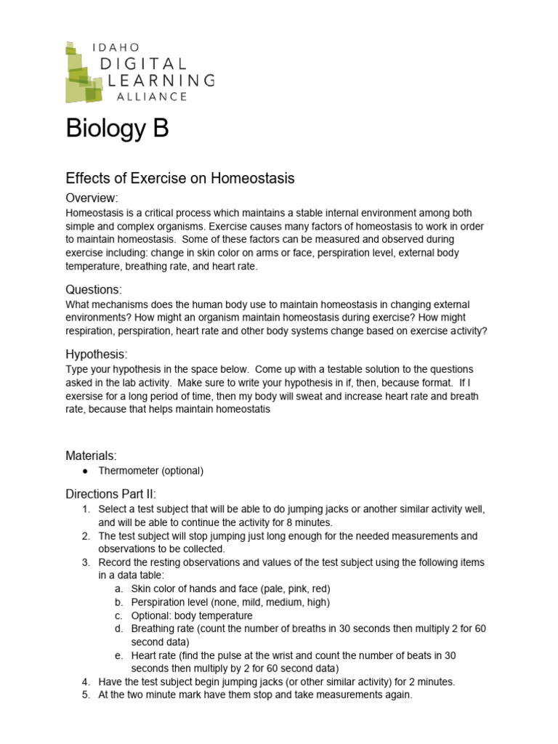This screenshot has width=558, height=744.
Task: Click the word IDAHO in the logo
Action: point(116,46)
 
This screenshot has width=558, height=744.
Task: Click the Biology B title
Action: point(117,129)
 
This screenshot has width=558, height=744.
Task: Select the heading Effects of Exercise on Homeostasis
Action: point(179,178)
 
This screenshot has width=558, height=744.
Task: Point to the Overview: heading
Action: point(92,198)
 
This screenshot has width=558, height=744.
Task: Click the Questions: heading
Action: point(94,289)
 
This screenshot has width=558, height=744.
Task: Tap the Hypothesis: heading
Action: point(96,355)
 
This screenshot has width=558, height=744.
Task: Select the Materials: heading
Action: point(91,456)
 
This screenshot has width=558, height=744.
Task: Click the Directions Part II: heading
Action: point(110,494)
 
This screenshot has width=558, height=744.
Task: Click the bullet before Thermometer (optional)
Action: point(87,471)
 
